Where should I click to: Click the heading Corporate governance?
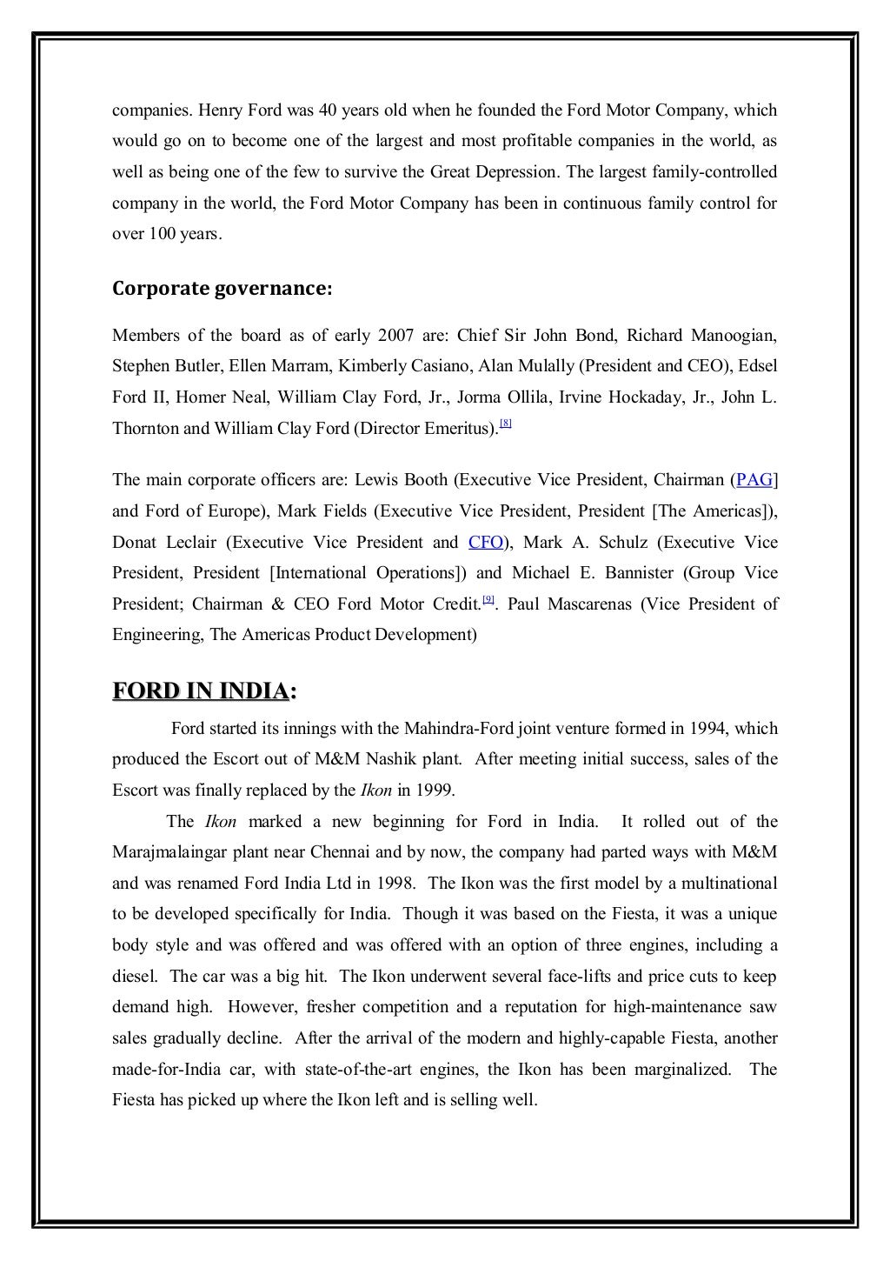222,290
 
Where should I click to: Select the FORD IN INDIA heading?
204,691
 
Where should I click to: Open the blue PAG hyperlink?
754,480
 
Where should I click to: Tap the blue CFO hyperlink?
486,543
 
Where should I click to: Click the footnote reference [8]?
506,424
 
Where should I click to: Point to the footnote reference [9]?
488,599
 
